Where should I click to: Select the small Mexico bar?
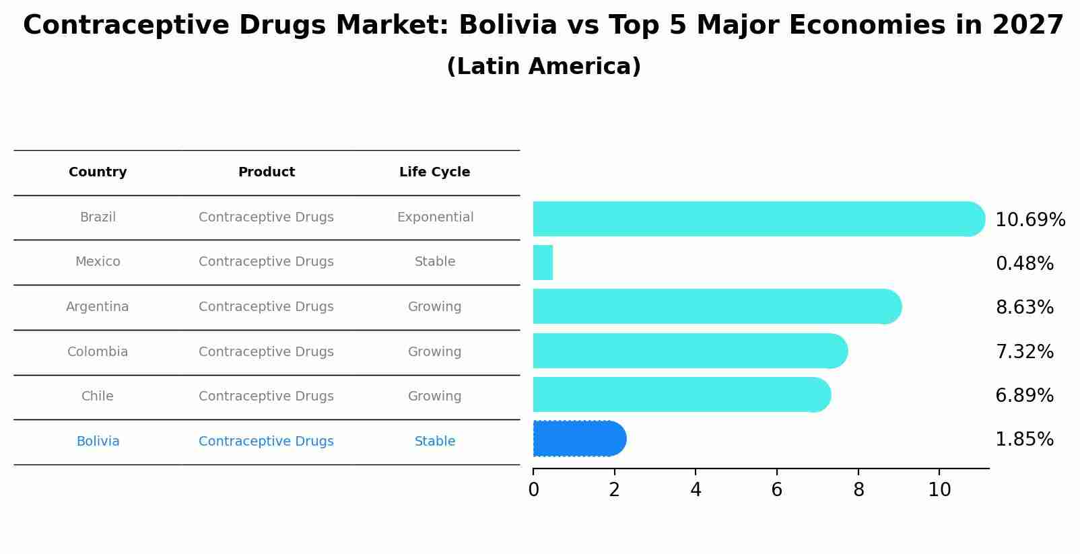click(x=543, y=263)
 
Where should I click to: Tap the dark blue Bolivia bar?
click(x=579, y=439)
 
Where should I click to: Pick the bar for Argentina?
click(x=716, y=306)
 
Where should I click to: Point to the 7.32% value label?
click(x=1024, y=351)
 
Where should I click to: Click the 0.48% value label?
click(x=1024, y=263)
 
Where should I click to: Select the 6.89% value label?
click(x=1024, y=395)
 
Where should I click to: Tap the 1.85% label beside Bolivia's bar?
click(x=1024, y=440)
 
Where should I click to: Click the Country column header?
click(x=98, y=172)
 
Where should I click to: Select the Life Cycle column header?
click(x=434, y=172)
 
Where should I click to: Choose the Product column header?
click(x=267, y=172)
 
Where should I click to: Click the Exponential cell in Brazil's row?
click(x=435, y=217)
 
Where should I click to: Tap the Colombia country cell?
click(x=98, y=351)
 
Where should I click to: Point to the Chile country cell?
click(x=98, y=396)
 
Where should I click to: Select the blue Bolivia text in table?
click(x=98, y=442)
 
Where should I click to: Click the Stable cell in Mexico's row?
click(x=435, y=262)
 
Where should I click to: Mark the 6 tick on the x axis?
click(x=777, y=489)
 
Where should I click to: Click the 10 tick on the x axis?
click(x=939, y=489)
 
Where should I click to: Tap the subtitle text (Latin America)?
click(x=543, y=67)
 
